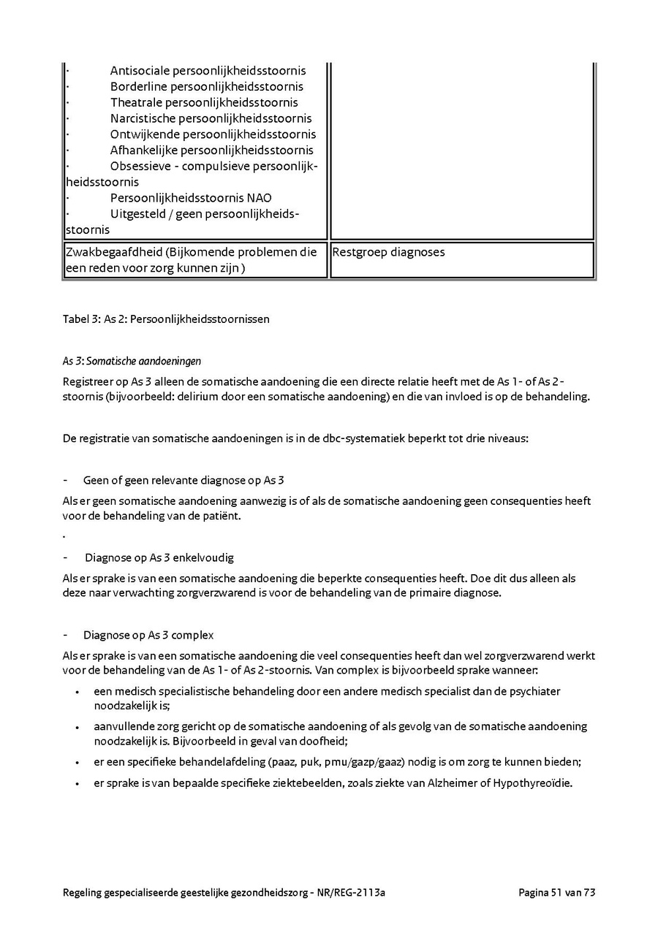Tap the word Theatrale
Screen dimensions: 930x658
(137, 103)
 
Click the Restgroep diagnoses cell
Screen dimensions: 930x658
(388, 253)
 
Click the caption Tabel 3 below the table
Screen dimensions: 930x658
(80, 319)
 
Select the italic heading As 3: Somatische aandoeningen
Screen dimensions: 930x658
(132, 361)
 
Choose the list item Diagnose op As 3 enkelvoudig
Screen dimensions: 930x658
(159, 557)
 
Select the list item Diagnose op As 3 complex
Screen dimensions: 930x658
(148, 635)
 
